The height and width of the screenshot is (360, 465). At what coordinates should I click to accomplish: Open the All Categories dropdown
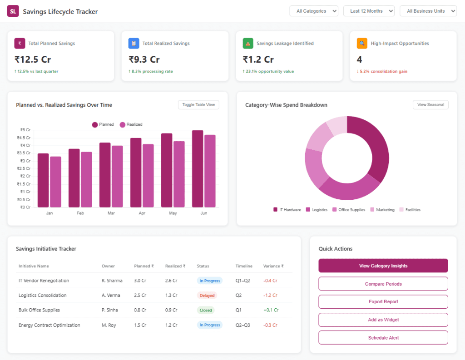click(314, 11)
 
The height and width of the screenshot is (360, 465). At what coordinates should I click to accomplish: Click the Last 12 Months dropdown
click(369, 11)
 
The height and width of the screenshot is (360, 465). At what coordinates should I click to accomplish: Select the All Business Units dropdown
click(428, 11)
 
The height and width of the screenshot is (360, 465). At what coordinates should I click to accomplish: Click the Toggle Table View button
click(199, 105)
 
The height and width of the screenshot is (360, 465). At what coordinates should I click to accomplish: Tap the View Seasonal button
click(430, 105)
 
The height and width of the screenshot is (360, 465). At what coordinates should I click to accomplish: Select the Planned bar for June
click(198, 169)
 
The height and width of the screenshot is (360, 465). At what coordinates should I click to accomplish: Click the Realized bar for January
click(55, 182)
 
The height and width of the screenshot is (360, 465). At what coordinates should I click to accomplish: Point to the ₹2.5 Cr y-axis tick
click(24, 168)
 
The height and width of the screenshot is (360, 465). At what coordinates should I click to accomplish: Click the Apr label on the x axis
click(142, 213)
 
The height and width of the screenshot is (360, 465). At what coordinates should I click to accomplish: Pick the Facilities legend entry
click(410, 210)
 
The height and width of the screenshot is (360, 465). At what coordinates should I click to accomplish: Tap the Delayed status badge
click(207, 296)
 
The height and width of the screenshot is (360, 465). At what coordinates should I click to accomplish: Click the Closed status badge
click(206, 310)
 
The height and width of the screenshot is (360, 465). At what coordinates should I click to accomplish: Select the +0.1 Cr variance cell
click(271, 310)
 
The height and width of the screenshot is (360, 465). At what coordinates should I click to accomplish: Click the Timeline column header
click(244, 266)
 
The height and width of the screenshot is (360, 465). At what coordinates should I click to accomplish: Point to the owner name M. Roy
click(109, 325)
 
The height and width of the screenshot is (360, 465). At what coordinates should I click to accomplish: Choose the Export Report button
click(383, 301)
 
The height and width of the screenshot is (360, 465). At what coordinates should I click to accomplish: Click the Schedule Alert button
click(383, 338)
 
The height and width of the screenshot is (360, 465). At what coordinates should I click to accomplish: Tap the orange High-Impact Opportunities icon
click(362, 43)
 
